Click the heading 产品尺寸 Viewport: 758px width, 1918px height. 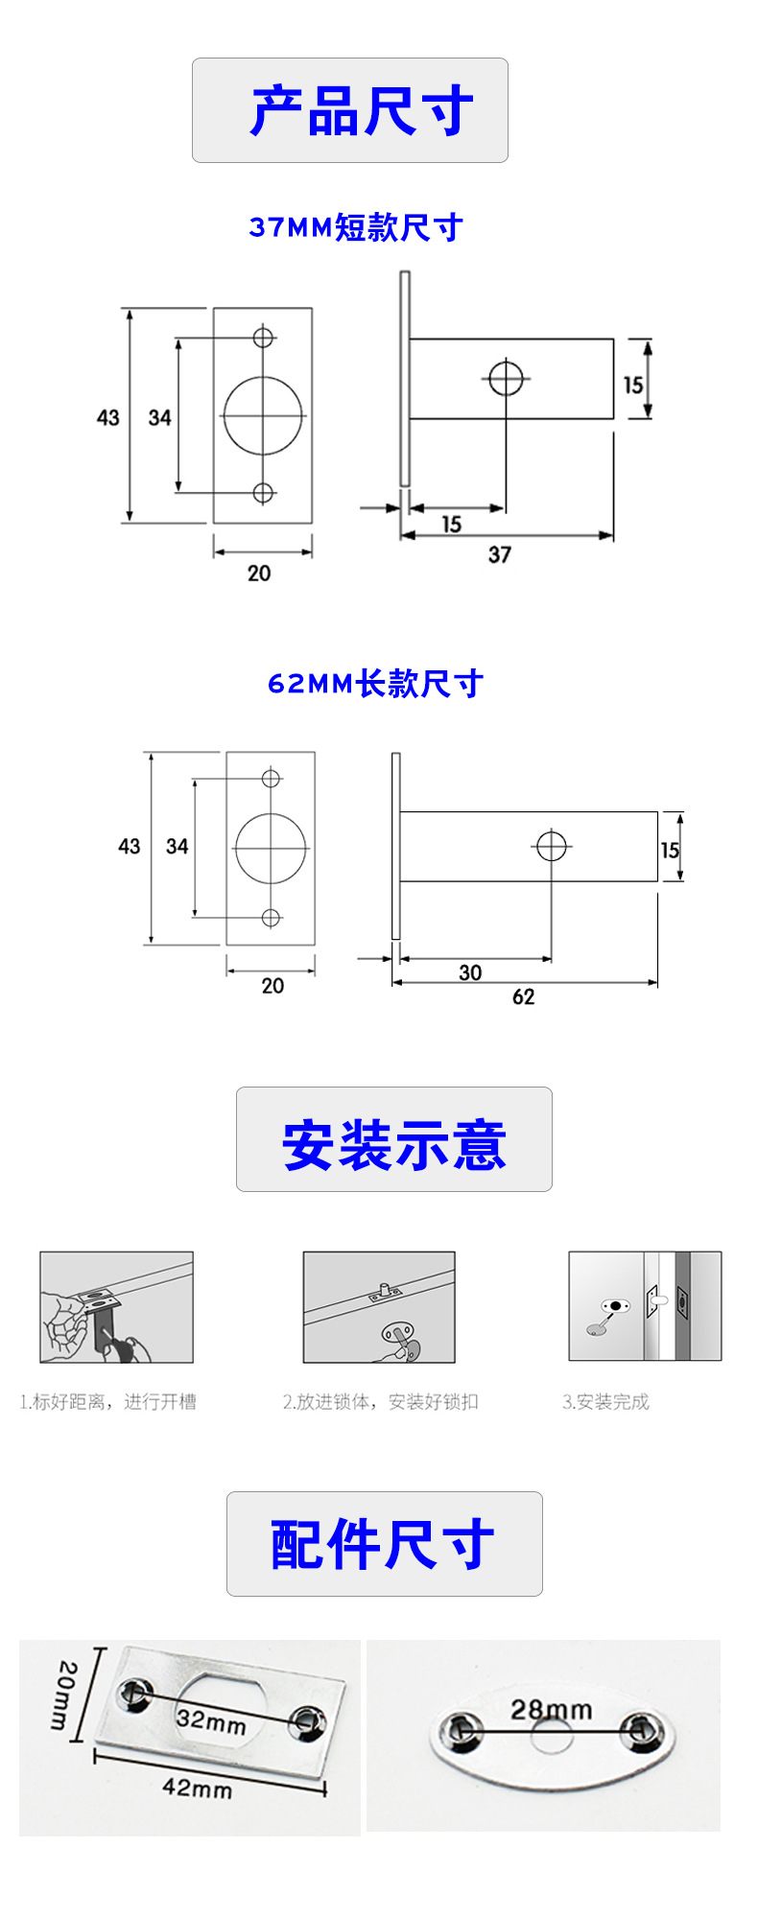[x=362, y=110]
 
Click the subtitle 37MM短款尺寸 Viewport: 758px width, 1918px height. [x=356, y=227]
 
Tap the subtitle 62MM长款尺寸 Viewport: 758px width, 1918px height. [x=375, y=684]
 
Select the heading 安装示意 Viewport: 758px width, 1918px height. [x=393, y=1144]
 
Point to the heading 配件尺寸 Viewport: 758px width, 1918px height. [x=383, y=1545]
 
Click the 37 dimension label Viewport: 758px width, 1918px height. [x=500, y=554]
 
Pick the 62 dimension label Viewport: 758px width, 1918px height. [x=523, y=996]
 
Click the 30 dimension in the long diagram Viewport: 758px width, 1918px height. [x=470, y=972]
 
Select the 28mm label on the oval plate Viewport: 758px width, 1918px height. [x=551, y=1709]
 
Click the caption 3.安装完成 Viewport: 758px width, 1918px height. [x=605, y=1402]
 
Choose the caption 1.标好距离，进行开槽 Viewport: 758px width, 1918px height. [x=108, y=1402]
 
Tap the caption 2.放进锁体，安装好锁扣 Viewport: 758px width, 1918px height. [x=380, y=1402]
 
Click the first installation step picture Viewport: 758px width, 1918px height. [x=116, y=1307]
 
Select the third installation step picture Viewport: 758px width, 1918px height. [x=644, y=1306]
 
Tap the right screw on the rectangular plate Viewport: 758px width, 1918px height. [x=306, y=1722]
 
